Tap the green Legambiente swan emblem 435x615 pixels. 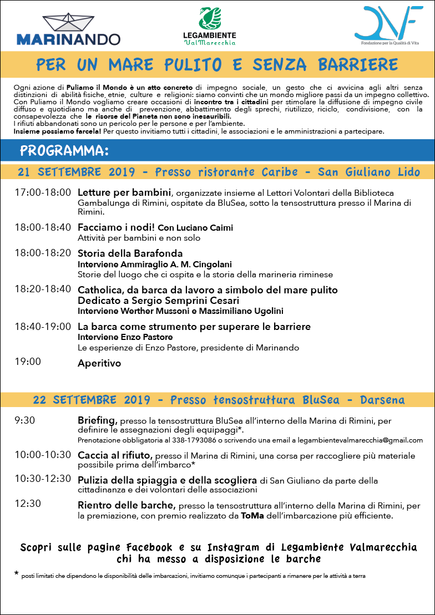(210, 19)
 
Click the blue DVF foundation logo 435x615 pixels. (388, 23)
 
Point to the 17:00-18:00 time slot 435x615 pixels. (43, 193)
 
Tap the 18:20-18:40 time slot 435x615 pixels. (43, 289)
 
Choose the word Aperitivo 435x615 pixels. (99, 364)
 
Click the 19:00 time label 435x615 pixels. (28, 362)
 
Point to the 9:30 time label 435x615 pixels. (25, 420)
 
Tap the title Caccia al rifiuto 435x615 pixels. (114, 455)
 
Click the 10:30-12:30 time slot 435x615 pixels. (43, 479)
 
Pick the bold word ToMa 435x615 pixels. (252, 516)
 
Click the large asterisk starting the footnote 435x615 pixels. (16, 574)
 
